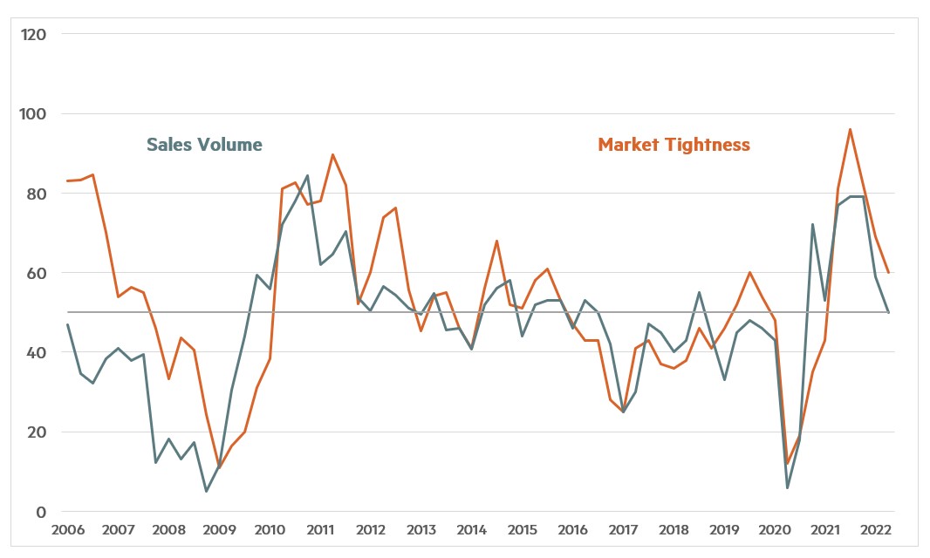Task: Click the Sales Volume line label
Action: (203, 145)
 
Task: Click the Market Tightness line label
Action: (674, 145)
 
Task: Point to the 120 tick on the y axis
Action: (34, 34)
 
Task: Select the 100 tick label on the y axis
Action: (34, 113)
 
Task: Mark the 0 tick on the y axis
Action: (40, 512)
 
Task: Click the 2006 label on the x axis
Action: (67, 530)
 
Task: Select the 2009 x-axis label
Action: (219, 530)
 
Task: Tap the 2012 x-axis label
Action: (371, 530)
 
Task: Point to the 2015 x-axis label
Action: (522, 530)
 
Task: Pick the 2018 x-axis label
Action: (674, 530)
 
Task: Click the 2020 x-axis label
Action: (775, 530)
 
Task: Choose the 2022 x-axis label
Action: (876, 530)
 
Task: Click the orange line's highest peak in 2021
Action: (850, 129)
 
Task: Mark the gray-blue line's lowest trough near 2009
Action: (207, 492)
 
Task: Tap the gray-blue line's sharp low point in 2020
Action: (787, 487)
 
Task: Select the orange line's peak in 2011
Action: (332, 154)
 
